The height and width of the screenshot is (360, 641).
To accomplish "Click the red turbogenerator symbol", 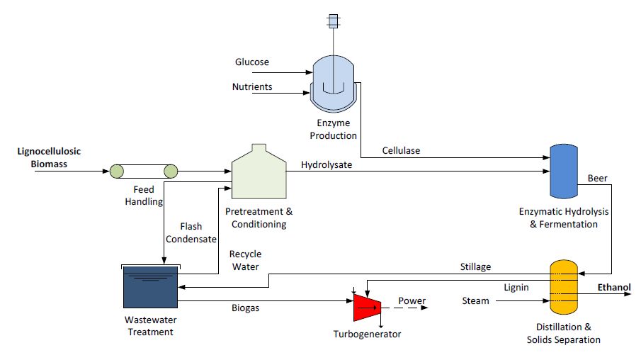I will coord(367,305).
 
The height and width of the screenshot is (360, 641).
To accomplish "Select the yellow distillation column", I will coord(565,288).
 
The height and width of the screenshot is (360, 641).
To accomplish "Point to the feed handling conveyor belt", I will coord(141,171).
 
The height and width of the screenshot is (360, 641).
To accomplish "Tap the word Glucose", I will coord(252,62).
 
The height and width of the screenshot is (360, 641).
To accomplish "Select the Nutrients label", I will coord(252,87).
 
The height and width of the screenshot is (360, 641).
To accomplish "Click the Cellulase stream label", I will coord(402,150).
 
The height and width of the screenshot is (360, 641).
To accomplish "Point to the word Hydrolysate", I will coord(327,165).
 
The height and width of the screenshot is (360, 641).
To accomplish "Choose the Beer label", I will coord(598,179).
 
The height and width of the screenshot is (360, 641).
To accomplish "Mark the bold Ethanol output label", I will coord(613,287).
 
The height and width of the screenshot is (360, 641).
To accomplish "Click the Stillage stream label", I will coord(475,266).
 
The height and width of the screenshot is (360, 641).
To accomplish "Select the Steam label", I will coord(476,301).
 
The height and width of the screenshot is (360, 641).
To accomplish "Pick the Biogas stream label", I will coord(246,308).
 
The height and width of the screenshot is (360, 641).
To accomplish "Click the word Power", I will coord(412,301).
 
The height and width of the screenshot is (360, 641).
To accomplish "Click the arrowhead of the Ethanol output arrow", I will coord(626,295).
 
